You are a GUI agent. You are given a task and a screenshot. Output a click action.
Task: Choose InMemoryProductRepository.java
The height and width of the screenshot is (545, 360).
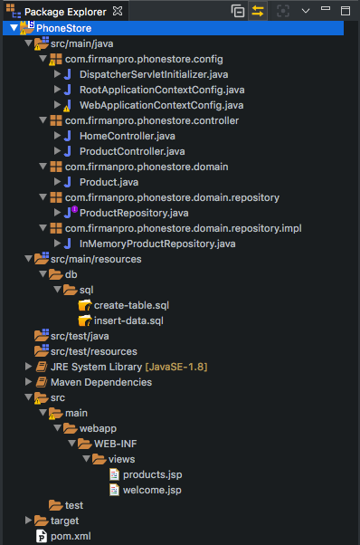pyautogui.click(x=157, y=244)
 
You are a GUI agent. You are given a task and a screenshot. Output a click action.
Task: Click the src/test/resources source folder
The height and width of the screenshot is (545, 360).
pyautogui.click(x=93, y=351)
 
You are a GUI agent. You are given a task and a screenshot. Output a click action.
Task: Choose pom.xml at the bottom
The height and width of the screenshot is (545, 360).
pyautogui.click(x=71, y=536)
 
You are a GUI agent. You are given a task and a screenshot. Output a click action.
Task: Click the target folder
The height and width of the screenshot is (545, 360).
pyautogui.click(x=64, y=521)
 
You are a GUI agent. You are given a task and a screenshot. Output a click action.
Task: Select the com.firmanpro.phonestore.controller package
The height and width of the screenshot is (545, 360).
pyautogui.click(x=151, y=120)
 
